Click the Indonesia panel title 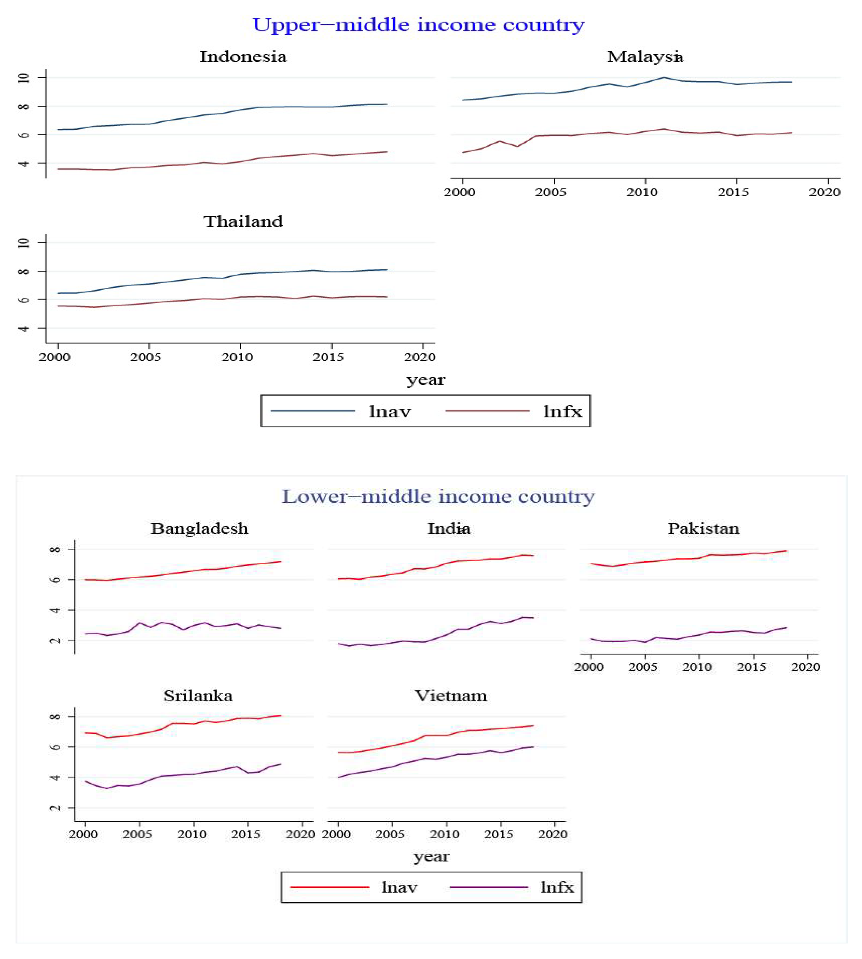[x=243, y=57]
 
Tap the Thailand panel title [x=243, y=222]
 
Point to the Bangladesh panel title [x=200, y=528]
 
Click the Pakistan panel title [x=703, y=528]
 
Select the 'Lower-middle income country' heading [x=438, y=496]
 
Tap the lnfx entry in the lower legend [x=557, y=887]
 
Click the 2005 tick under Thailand [x=146, y=357]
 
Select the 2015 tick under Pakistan [x=751, y=667]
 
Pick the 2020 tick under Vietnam [x=553, y=834]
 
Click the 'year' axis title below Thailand [x=425, y=380]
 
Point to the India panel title [x=449, y=528]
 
